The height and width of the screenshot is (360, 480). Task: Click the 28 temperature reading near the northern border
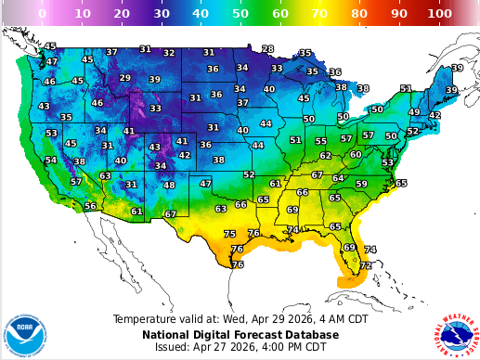(x=268, y=49)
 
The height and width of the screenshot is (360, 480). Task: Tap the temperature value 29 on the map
(x=125, y=78)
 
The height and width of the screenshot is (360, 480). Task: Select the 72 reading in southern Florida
(x=366, y=265)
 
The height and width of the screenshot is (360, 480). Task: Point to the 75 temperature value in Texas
(x=229, y=234)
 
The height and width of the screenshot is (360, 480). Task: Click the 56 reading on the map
(x=90, y=206)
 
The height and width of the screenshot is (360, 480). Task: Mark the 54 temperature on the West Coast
(x=51, y=160)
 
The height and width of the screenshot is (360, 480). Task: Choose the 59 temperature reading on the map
(x=361, y=184)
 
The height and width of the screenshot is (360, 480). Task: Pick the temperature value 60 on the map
(x=356, y=154)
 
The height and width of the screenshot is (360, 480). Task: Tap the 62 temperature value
(x=326, y=156)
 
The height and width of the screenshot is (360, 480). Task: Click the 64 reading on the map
(x=338, y=178)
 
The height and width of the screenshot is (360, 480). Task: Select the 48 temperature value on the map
(x=169, y=185)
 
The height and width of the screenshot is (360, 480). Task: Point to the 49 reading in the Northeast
(x=414, y=112)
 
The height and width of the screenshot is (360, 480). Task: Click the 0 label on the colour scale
(x=42, y=14)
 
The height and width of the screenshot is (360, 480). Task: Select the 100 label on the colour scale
(x=440, y=14)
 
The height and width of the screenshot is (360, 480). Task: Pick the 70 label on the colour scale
(x=320, y=14)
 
